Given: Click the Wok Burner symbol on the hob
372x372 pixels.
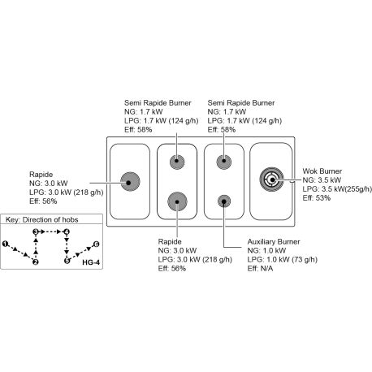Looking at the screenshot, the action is (271, 179).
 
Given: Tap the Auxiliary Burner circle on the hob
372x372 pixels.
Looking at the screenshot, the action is (224, 201).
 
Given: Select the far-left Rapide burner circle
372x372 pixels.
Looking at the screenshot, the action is (130, 182).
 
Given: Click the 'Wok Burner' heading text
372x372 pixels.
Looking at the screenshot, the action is (322, 171).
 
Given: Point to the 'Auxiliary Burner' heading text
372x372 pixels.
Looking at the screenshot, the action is (274, 242).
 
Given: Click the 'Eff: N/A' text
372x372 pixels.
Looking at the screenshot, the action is (260, 269).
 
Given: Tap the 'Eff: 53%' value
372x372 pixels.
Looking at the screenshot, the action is (317, 198).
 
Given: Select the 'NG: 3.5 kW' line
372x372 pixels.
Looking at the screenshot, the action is (322, 180).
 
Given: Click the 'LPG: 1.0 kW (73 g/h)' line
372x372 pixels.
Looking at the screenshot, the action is (283, 260).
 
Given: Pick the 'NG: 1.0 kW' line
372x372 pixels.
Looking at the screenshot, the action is (266, 251).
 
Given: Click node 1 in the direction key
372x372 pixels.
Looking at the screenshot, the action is (5, 244).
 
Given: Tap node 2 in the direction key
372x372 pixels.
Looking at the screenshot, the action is (36, 262).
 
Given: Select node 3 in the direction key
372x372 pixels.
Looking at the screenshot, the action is (36, 231).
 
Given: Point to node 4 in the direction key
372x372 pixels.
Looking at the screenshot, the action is (67, 231).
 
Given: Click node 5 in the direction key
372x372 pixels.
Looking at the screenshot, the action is (67, 261).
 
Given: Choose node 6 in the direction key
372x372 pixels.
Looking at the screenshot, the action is (96, 244).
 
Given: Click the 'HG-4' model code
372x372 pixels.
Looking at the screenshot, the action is (91, 262).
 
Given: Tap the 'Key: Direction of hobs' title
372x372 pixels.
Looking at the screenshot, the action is (42, 219).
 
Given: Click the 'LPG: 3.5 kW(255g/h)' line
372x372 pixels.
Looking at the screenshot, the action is (337, 189).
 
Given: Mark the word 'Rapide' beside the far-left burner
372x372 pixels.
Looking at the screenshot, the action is (41, 175).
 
